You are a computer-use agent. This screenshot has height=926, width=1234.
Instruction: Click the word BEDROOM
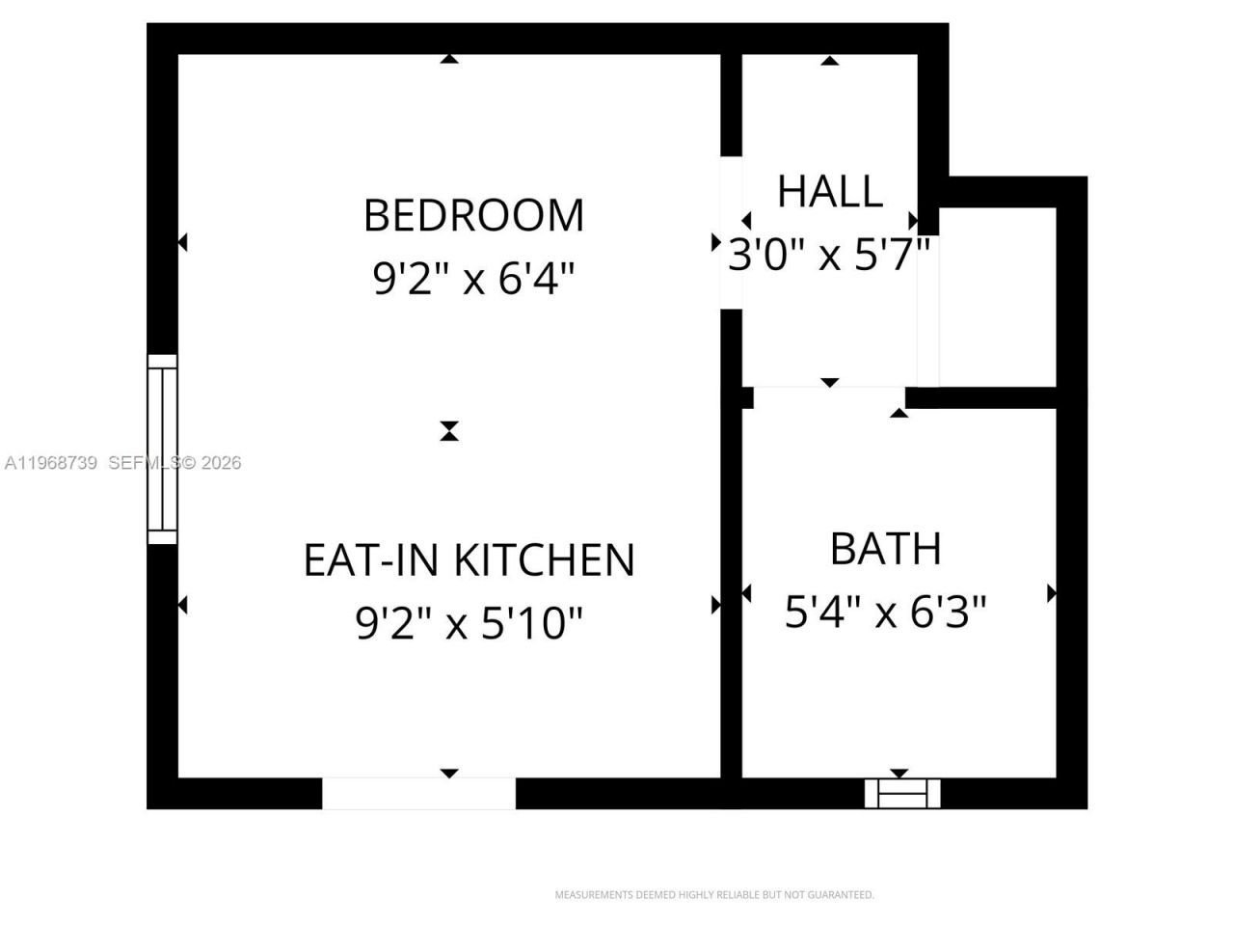tap(473, 215)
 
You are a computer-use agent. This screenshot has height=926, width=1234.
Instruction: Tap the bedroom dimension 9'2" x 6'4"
tap(473, 280)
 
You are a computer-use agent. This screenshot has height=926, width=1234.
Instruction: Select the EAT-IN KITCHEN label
tap(469, 559)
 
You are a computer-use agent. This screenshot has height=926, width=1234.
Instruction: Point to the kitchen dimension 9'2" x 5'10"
tap(469, 623)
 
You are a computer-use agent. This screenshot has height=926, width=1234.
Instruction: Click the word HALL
tap(829, 191)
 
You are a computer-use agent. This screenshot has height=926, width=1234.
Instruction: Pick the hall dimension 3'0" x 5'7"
tap(829, 256)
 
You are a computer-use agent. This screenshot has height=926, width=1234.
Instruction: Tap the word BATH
tap(885, 548)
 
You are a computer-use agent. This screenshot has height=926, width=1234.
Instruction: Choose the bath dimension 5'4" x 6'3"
tap(885, 612)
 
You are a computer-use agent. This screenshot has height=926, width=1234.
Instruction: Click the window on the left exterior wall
tap(162, 449)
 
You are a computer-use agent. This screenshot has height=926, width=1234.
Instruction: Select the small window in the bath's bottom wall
tap(901, 793)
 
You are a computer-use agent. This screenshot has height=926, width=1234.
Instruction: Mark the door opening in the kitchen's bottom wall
tap(418, 793)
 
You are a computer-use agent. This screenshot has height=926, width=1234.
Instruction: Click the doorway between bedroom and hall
tap(732, 231)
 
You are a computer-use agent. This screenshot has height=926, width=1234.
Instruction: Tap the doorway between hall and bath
tap(829, 395)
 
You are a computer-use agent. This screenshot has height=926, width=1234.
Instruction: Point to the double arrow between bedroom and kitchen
tap(448, 430)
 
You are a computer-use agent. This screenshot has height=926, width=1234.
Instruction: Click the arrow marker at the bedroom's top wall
tap(448, 60)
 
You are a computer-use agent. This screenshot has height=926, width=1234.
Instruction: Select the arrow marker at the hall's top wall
tap(829, 61)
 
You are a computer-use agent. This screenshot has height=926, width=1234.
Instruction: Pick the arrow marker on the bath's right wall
tap(1052, 592)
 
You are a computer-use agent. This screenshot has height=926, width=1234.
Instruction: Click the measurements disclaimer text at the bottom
tap(713, 895)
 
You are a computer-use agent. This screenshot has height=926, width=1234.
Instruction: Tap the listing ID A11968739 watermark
tap(51, 463)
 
